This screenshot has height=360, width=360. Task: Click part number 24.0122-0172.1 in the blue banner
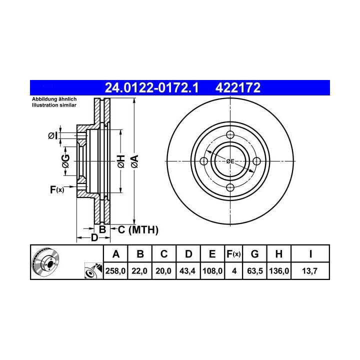point(151,87)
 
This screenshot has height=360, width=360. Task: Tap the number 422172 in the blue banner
point(238,87)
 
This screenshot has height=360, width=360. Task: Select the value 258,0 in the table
point(115,271)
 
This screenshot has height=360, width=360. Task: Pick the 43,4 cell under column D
point(187,271)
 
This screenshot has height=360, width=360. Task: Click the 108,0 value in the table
point(212,271)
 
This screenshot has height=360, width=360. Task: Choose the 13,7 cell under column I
point(309,271)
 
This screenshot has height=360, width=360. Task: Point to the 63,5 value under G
point(255,271)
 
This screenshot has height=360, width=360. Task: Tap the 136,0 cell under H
point(279,271)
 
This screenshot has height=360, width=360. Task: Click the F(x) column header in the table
point(233,254)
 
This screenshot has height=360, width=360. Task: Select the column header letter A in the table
point(116,254)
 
